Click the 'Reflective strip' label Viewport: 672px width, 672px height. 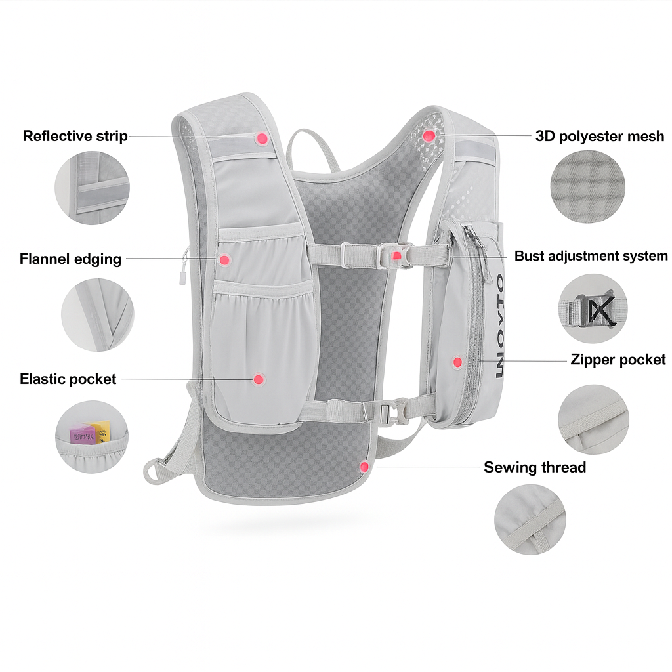[x=75, y=136]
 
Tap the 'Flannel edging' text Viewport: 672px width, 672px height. [x=70, y=259]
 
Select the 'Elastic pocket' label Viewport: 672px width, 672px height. [x=68, y=379]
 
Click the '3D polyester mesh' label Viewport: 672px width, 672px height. [x=599, y=136]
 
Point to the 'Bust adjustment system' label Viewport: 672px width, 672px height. [x=591, y=256]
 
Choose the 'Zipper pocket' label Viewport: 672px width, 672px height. [x=618, y=359]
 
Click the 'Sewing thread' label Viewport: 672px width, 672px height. [x=535, y=467]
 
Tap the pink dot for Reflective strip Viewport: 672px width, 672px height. [x=262, y=138]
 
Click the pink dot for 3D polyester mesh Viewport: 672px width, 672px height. [x=429, y=136]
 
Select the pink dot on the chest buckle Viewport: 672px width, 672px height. [x=396, y=256]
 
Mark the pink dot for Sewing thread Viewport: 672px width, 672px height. [x=364, y=467]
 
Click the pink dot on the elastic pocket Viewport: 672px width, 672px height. [x=259, y=379]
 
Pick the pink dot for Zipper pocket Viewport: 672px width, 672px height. [x=457, y=362]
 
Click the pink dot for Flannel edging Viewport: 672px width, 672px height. [x=224, y=260]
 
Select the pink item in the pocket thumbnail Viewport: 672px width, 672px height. [x=81, y=434]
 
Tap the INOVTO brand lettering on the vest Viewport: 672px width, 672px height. [x=499, y=328]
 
